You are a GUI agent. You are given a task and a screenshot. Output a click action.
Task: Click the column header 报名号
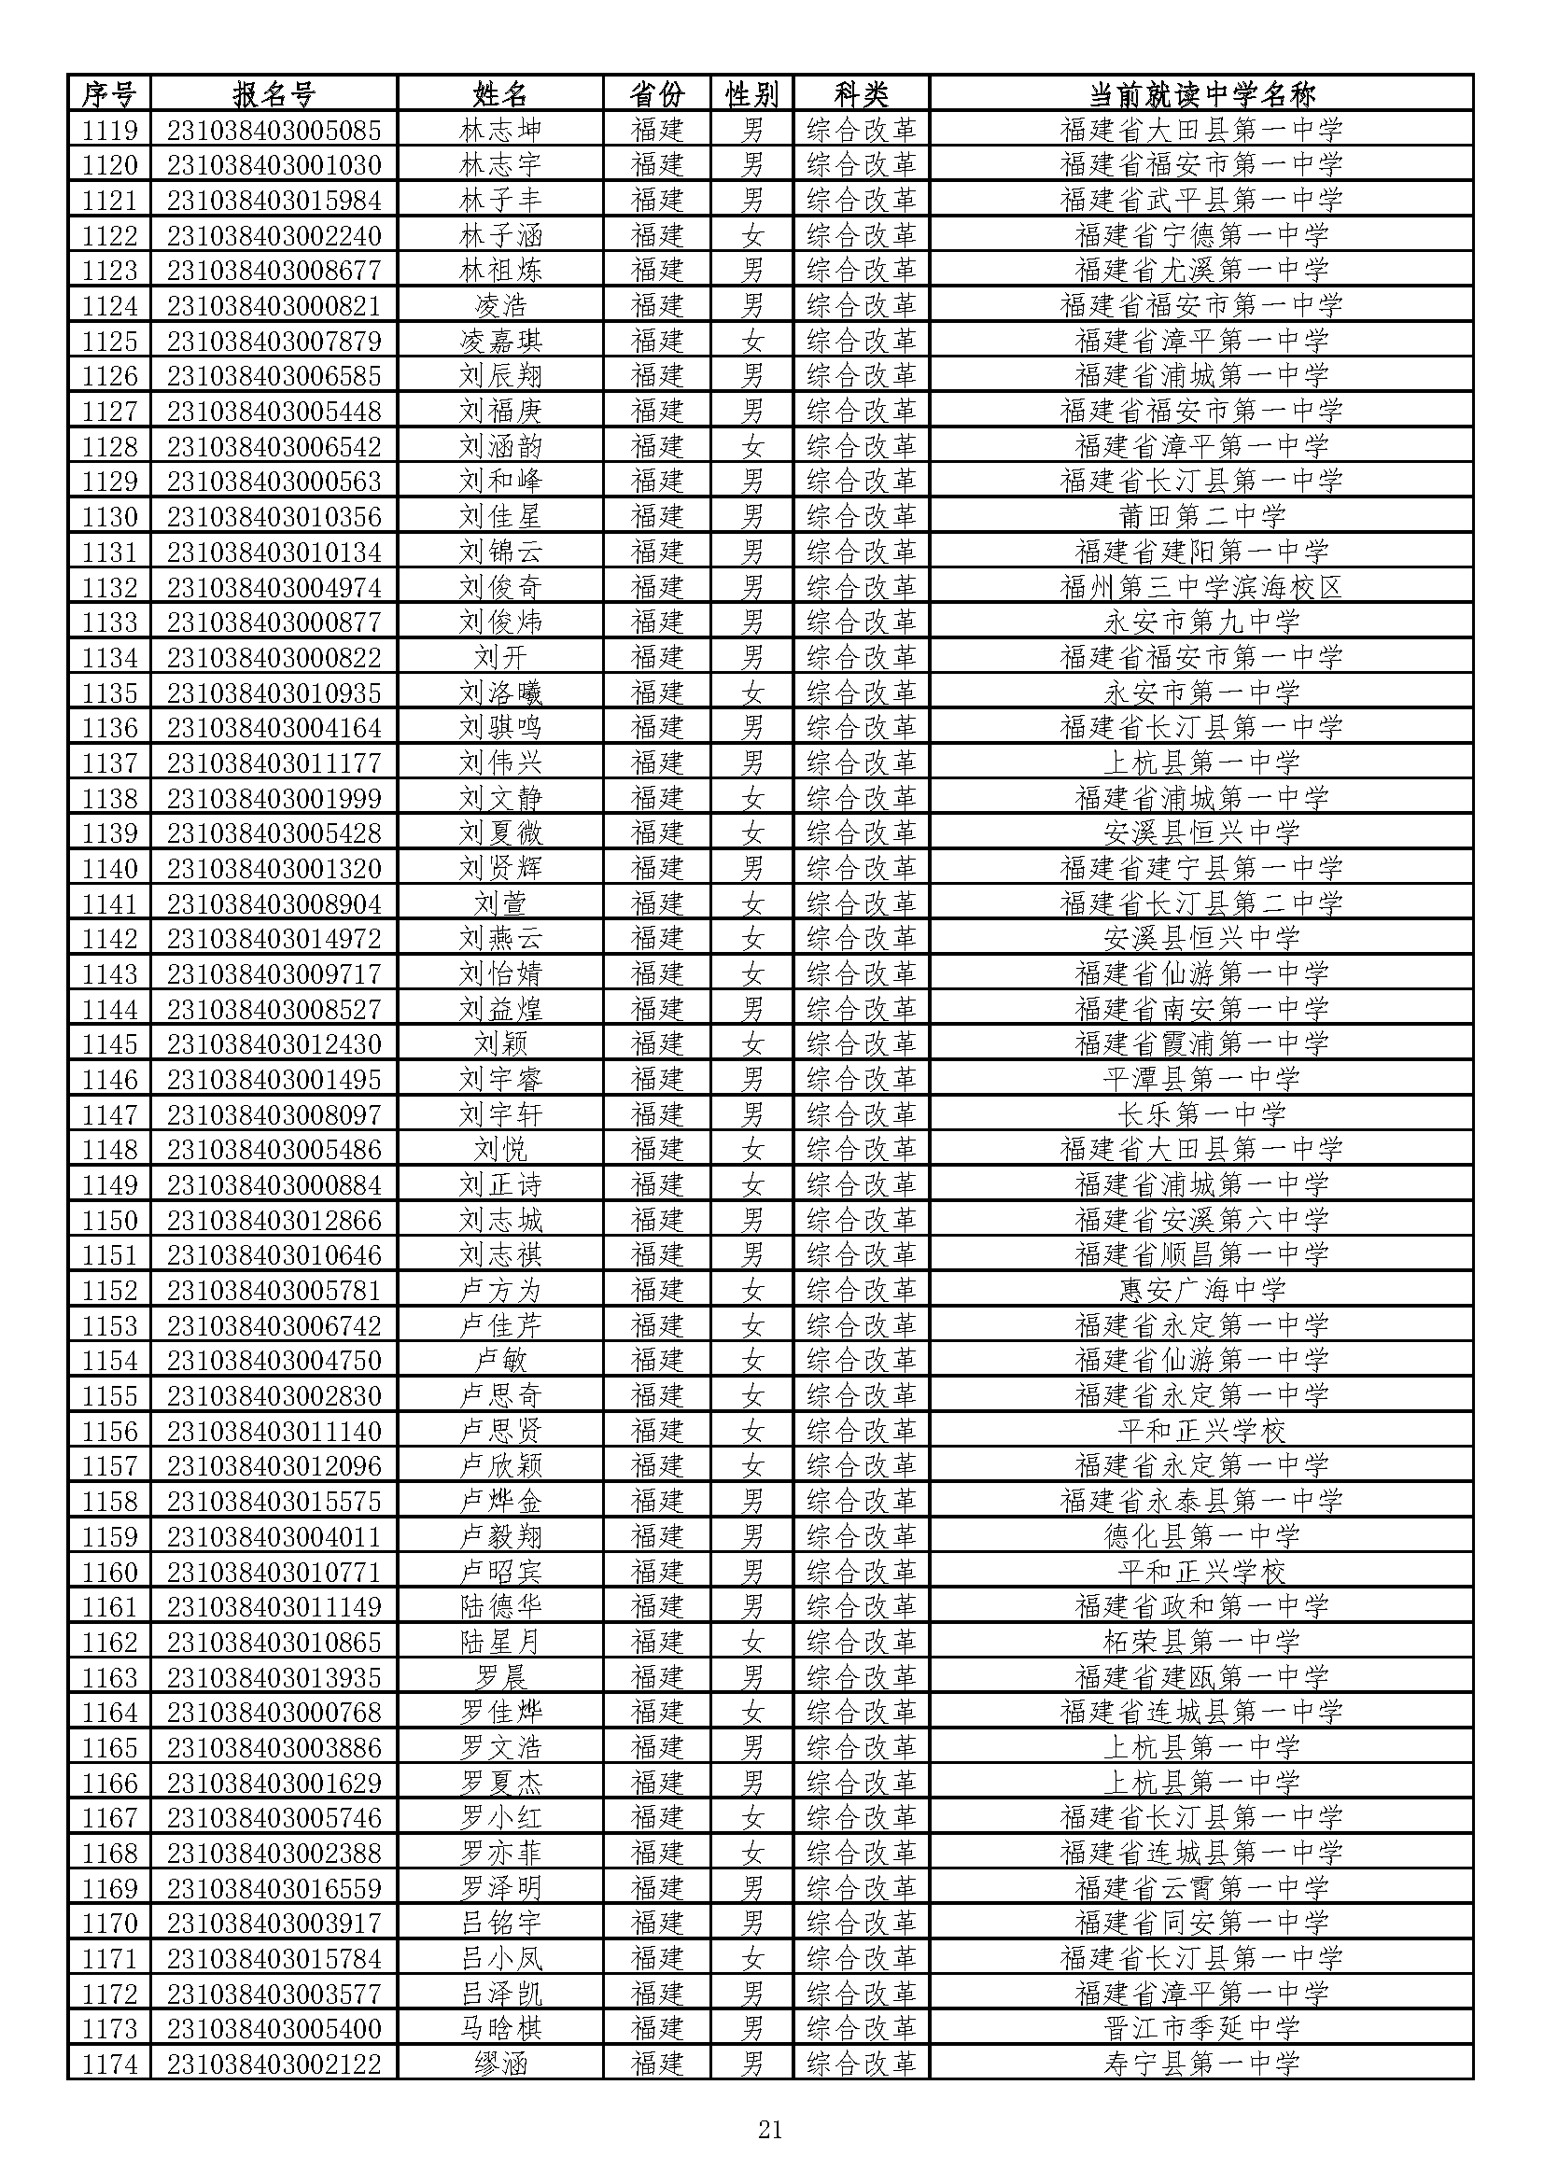pyautogui.click(x=274, y=94)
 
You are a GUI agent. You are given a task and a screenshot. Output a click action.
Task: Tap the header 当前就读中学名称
pyautogui.click(x=1200, y=94)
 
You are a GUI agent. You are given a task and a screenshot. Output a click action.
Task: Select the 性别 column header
pyautogui.click(x=752, y=94)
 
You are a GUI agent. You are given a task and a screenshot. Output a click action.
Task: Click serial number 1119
pyautogui.click(x=109, y=130)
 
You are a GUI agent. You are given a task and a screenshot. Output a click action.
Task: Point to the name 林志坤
pyautogui.click(x=500, y=130)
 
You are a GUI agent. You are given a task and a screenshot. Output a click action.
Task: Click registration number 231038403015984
pyautogui.click(x=274, y=200)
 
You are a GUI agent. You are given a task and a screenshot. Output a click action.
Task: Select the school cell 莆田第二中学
pyautogui.click(x=1200, y=516)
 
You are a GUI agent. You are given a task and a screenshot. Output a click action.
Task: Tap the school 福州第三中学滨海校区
pyautogui.click(x=1200, y=587)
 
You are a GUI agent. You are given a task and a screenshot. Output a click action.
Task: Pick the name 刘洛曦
pyautogui.click(x=500, y=693)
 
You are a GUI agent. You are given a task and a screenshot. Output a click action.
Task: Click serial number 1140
pyautogui.click(x=109, y=868)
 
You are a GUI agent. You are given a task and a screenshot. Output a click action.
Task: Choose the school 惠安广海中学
pyautogui.click(x=1200, y=1290)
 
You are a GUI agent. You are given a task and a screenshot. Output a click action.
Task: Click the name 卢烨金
pyautogui.click(x=500, y=1502)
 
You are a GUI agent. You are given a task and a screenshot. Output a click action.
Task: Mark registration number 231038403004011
pyautogui.click(x=274, y=1536)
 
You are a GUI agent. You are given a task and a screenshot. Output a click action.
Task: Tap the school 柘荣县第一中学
pyautogui.click(x=1200, y=1642)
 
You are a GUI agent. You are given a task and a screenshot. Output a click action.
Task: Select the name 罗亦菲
pyautogui.click(x=500, y=1854)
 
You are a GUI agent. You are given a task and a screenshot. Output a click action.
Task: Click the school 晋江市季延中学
pyautogui.click(x=1200, y=2029)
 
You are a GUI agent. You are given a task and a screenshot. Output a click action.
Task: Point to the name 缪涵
pyautogui.click(x=500, y=2064)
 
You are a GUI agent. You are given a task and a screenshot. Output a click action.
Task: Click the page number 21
pyautogui.click(x=770, y=2130)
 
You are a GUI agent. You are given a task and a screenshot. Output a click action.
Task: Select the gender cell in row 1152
pyautogui.click(x=752, y=1290)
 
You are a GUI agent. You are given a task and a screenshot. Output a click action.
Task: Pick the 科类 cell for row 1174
pyautogui.click(x=862, y=2064)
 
